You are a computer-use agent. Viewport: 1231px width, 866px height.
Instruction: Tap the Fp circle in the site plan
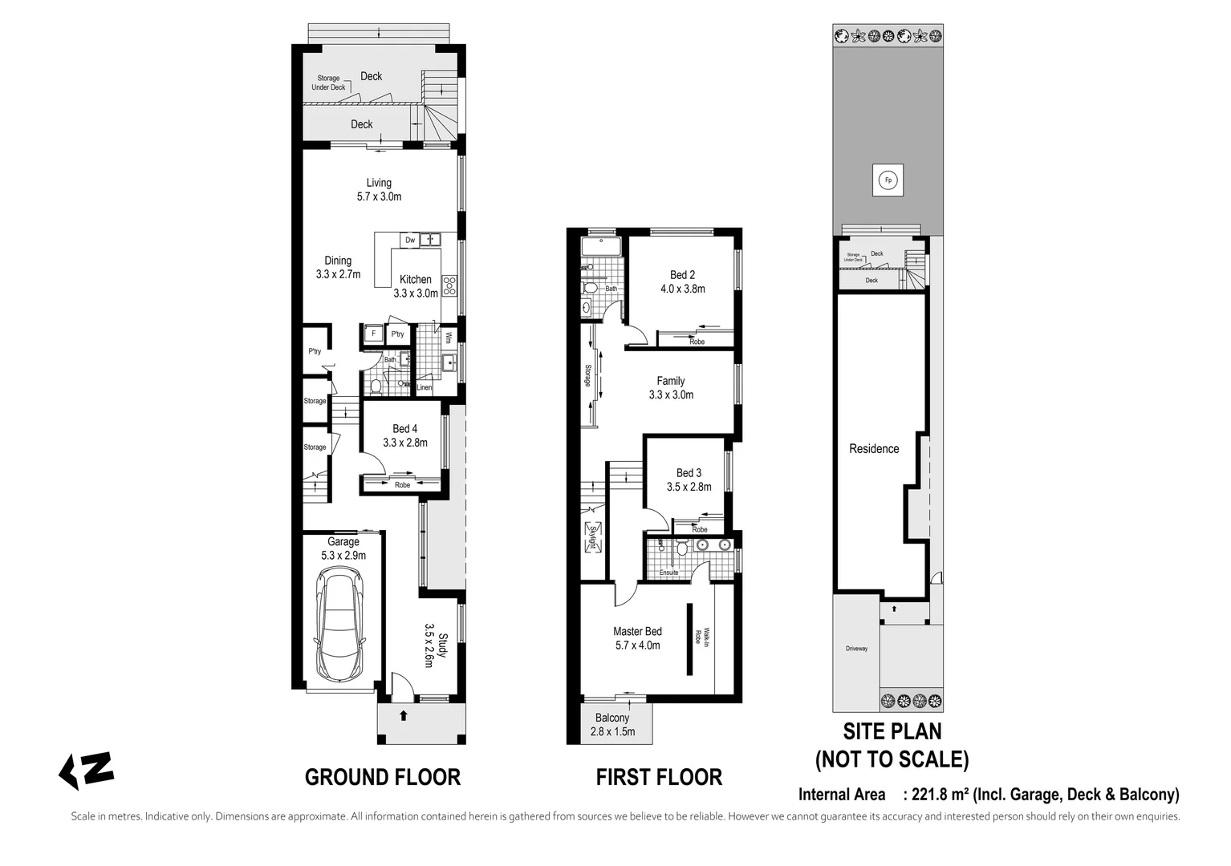click(x=888, y=180)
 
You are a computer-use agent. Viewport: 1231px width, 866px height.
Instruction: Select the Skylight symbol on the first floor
click(x=593, y=537)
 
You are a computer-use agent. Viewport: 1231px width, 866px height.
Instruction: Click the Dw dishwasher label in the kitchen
click(x=410, y=240)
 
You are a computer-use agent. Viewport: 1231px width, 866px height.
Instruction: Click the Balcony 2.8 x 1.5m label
click(x=612, y=724)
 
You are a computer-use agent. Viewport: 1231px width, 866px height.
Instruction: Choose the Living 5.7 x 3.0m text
click(x=379, y=189)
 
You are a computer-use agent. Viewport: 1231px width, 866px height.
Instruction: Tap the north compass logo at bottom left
click(x=87, y=770)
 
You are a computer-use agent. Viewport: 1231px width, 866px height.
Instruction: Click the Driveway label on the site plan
click(x=856, y=649)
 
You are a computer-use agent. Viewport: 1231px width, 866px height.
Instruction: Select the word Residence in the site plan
click(x=874, y=449)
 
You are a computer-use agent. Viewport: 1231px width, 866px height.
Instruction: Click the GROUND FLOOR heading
click(x=382, y=777)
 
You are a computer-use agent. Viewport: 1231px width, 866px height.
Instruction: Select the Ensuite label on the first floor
click(x=668, y=573)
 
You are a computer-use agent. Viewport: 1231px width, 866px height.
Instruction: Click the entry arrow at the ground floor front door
click(x=403, y=714)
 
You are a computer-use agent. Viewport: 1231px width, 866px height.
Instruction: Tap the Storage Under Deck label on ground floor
click(x=328, y=83)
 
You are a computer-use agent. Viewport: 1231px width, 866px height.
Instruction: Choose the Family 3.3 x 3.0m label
click(x=671, y=387)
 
